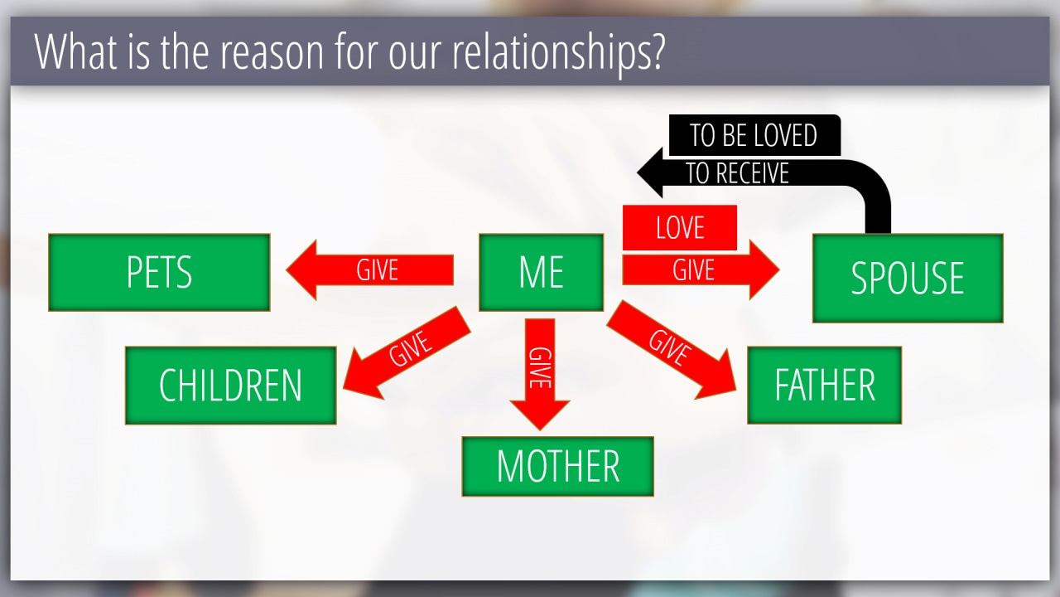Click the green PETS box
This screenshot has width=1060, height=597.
coord(160,273)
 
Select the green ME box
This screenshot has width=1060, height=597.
coord(542,273)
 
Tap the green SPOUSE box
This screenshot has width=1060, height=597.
coord(908,278)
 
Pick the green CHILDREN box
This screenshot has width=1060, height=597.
coord(231,386)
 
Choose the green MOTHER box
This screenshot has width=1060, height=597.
coord(558,467)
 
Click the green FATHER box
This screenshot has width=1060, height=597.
coord(824,386)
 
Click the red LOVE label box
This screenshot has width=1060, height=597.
coord(680,227)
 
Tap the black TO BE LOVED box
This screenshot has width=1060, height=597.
coord(754,135)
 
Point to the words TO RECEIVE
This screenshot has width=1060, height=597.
coord(737,173)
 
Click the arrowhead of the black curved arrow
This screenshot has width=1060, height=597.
coord(651,172)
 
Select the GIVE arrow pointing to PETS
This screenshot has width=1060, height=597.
coord(369,270)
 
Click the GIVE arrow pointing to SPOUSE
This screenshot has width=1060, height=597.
coord(701,270)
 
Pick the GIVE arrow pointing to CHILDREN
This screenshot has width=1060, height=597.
coord(406,353)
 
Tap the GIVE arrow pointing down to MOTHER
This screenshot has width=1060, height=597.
coord(540,374)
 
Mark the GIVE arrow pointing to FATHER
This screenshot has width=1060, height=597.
coord(672,350)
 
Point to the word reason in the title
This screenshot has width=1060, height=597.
coord(272,54)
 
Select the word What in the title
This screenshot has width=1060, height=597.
coord(75,51)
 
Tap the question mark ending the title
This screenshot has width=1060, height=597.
coord(658,51)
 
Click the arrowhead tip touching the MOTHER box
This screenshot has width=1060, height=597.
coord(540,430)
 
